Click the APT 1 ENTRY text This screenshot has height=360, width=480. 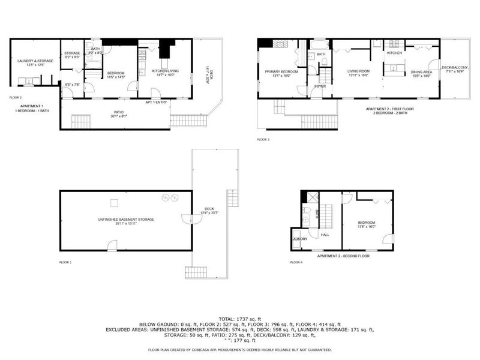(156, 102)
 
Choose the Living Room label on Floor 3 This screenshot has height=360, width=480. (358, 73)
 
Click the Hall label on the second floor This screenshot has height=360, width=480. (325, 235)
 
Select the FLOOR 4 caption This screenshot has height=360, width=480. (295, 262)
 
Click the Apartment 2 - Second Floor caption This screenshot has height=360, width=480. (344, 256)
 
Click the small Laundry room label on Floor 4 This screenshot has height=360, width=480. (300, 239)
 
